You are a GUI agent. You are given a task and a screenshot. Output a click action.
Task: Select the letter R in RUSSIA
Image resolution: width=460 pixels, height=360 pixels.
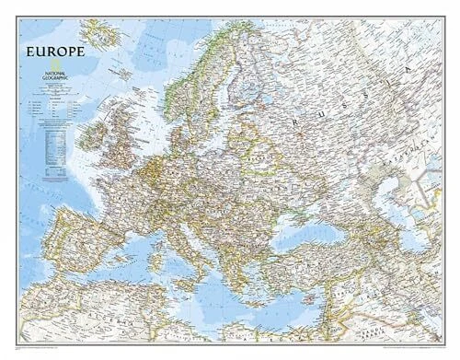pyautogui.click(x=293, y=121)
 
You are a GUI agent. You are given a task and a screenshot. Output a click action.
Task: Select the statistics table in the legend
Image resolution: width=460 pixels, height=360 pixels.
pyautogui.click(x=55, y=138)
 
